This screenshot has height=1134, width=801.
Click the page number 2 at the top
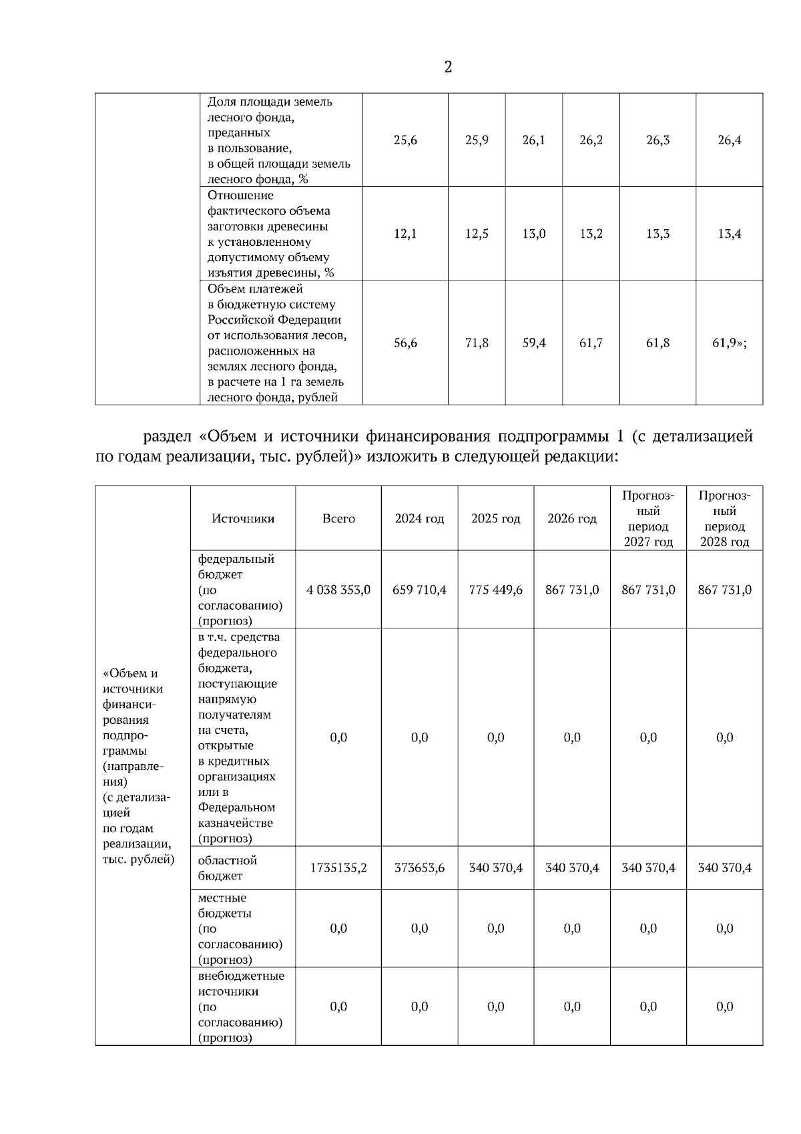pos(448,67)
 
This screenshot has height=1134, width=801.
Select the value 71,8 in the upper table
pos(477,343)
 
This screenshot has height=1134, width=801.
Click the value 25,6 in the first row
pos(405,140)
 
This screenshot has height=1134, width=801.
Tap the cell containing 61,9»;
pos(729,343)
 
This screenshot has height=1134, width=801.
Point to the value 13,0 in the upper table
pos(533,234)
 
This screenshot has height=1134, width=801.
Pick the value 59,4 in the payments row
pos(534,343)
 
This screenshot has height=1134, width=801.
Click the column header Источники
pos(243,519)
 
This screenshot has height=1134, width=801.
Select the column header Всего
pos(338,519)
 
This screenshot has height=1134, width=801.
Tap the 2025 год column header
pos(495,519)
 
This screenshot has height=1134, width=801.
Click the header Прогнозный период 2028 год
pos(724,519)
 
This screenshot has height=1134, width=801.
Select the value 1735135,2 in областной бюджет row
pos(338,868)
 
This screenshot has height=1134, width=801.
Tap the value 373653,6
pos(419,868)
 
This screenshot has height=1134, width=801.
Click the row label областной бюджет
pos(227,868)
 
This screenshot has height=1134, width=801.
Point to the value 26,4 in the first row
pos(729,140)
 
